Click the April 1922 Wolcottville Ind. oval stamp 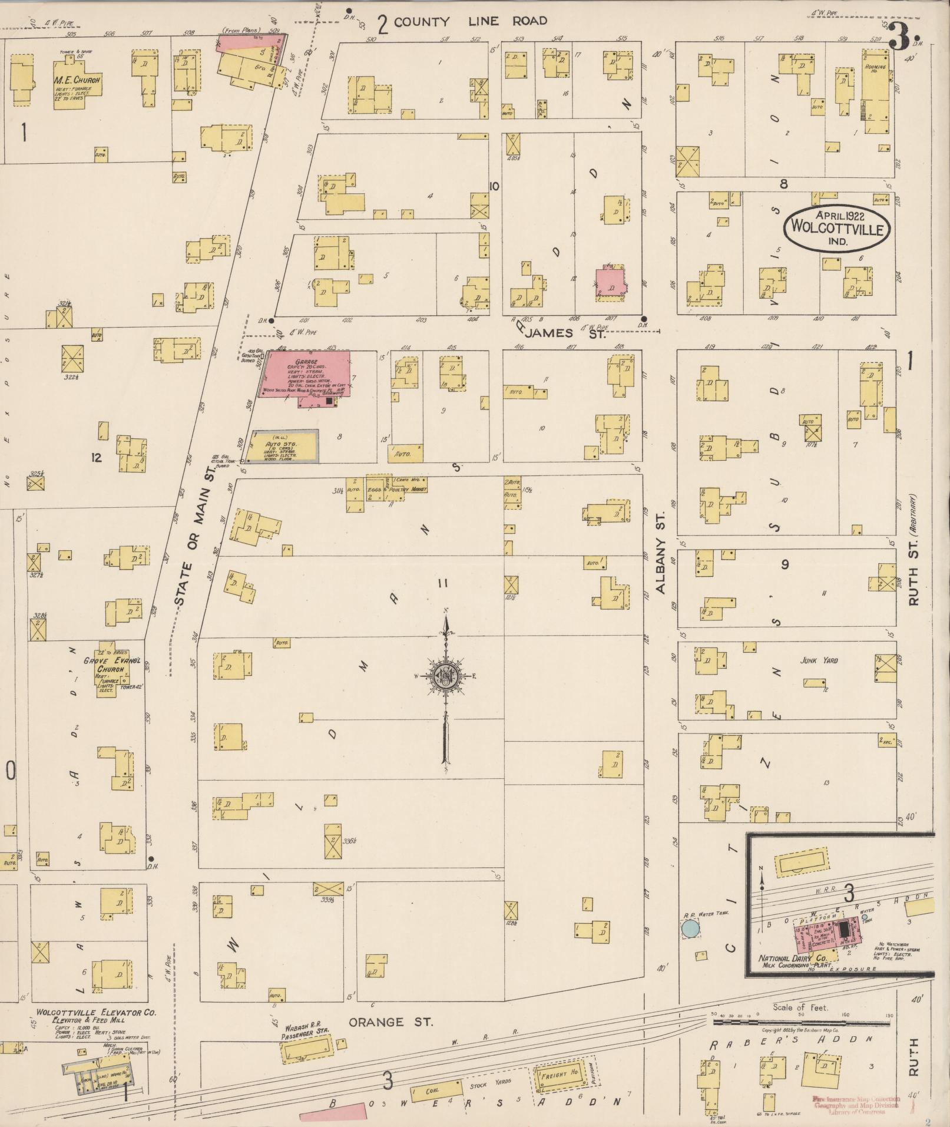[836, 226]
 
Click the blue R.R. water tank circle [690, 930]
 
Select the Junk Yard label [819, 660]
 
